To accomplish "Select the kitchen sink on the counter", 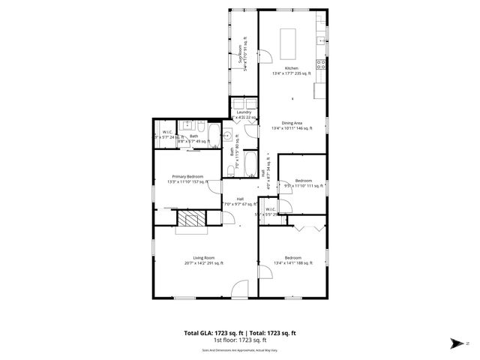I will (x=320, y=40).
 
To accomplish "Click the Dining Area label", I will (x=292, y=126).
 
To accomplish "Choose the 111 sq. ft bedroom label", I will (x=303, y=183).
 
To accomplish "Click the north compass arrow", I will (x=457, y=343).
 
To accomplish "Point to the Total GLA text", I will (x=240, y=332).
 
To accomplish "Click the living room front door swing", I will (x=240, y=288).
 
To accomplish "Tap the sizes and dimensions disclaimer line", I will (x=240, y=349).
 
